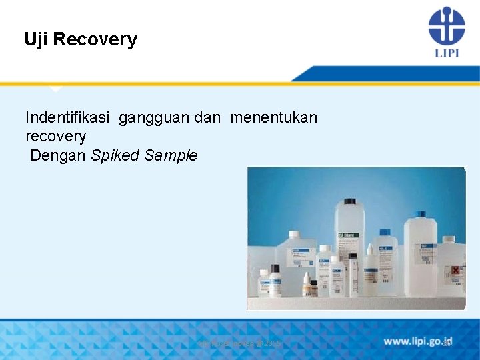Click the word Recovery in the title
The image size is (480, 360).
(x=95, y=39)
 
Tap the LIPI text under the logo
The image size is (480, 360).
(x=446, y=52)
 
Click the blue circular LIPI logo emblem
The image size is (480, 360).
(x=446, y=25)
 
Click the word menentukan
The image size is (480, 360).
(x=274, y=118)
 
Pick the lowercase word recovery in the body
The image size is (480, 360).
(x=55, y=137)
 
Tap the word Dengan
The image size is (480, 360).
(x=57, y=156)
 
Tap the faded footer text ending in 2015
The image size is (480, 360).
(x=240, y=343)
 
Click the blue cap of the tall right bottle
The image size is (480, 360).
(x=419, y=215)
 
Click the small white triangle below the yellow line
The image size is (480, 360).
(x=56, y=89)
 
